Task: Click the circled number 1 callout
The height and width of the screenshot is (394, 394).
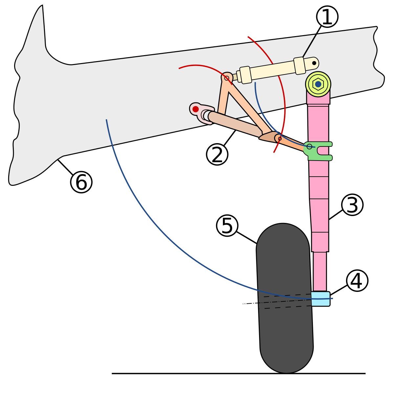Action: click(327, 17)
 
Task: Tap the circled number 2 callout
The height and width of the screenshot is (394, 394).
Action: click(217, 155)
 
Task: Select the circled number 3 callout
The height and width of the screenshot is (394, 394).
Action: click(352, 205)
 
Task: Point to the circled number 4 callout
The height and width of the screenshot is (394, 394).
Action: click(357, 281)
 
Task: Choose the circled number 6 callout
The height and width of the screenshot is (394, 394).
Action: click(81, 182)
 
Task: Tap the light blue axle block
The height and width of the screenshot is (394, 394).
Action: click(320, 299)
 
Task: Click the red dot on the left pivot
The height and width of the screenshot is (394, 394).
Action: click(196, 109)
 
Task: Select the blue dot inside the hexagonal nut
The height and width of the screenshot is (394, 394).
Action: click(318, 84)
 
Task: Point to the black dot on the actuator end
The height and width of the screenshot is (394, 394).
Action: click(314, 63)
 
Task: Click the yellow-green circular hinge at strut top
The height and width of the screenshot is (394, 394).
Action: click(318, 84)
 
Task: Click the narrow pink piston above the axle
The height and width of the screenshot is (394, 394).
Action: click(319, 271)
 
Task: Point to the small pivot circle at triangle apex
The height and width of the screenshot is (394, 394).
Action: click(227, 78)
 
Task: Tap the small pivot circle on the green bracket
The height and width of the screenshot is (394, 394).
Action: click(309, 146)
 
